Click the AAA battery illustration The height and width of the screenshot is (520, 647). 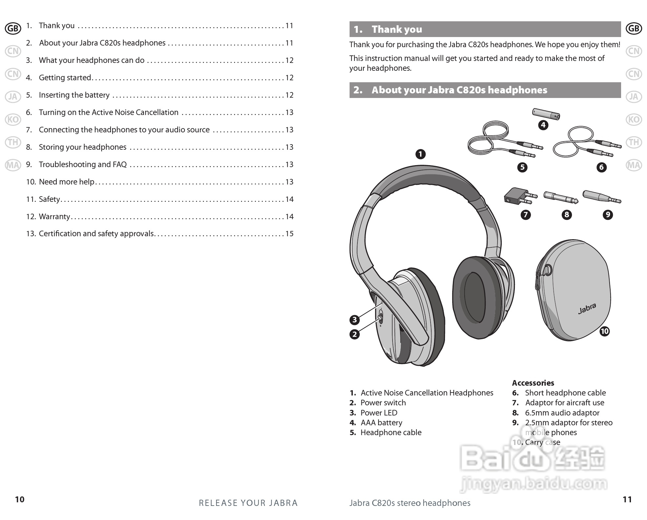coord(546,114)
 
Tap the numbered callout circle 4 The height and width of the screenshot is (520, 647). coord(543,125)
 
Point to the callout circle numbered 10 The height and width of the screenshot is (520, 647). coord(604,331)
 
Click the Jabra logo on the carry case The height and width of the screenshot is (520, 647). coord(587,308)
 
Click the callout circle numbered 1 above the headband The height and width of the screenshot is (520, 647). coord(420,154)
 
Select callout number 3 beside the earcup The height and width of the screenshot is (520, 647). coord(354,320)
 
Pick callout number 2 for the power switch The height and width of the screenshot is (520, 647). coord(354,334)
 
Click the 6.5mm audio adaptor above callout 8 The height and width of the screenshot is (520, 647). coord(560,197)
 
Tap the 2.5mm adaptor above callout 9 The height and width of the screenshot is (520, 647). coord(601,197)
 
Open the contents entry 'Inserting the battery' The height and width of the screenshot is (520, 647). coord(74,95)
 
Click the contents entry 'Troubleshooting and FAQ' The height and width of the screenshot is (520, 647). coord(83,164)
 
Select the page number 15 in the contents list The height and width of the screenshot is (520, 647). coord(289,234)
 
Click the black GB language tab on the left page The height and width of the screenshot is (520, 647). coord(13,29)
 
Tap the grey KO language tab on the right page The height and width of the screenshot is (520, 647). coord(634,120)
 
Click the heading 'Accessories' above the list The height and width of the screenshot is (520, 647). coord(533,383)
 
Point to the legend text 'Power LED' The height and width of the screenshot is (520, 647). coord(379,413)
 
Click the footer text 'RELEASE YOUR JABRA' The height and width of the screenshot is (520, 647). coord(248,503)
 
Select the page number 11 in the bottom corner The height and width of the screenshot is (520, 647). coord(627,499)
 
